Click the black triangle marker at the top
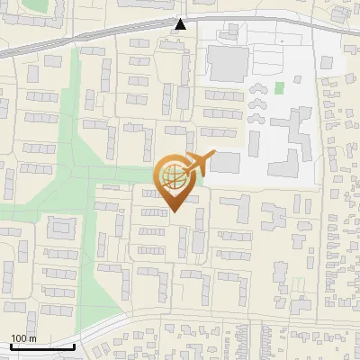[x=181, y=24]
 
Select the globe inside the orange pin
[x=174, y=175]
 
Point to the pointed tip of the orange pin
[x=174, y=211]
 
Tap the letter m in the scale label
[x=32, y=338]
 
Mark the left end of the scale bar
[x=11, y=346]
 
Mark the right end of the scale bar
[x=74, y=346]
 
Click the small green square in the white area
[x=279, y=88]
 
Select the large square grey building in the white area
[x=227, y=63]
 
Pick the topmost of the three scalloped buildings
[x=258, y=88]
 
